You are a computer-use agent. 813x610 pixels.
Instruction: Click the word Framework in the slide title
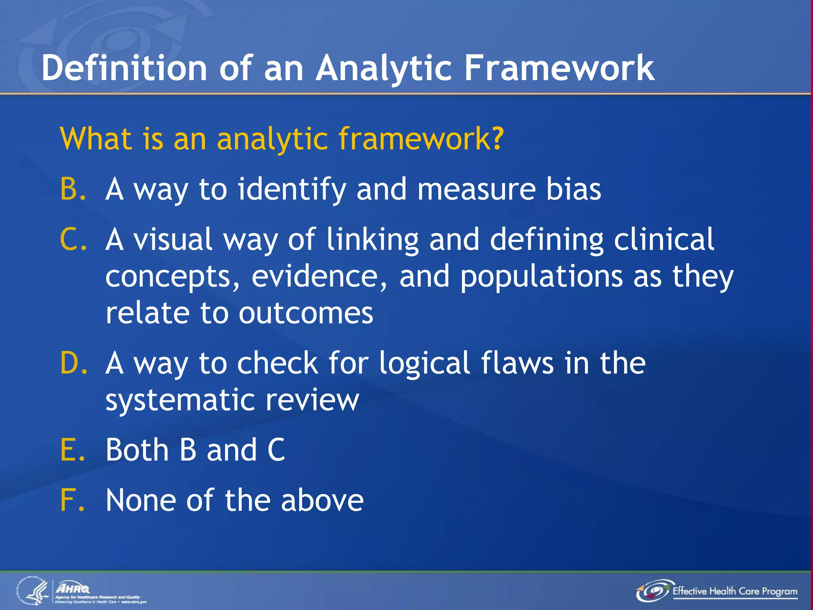pyautogui.click(x=559, y=68)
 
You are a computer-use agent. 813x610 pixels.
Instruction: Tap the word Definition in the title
pyautogui.click(x=124, y=68)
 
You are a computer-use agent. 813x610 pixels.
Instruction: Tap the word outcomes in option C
pyautogui.click(x=306, y=313)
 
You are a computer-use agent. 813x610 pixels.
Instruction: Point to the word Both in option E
pyautogui.click(x=137, y=450)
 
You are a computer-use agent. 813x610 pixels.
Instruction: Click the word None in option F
pyautogui.click(x=141, y=500)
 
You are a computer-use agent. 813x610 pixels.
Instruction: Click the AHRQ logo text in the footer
pyautogui.click(x=73, y=588)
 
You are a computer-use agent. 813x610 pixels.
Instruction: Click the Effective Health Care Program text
pyautogui.click(x=734, y=591)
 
